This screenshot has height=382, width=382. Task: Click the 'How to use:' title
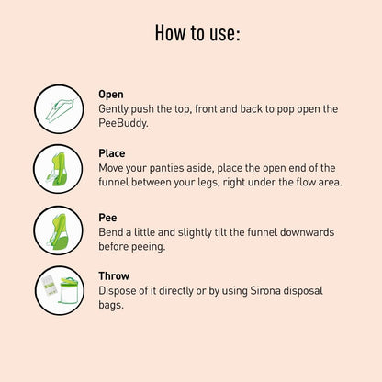coord(197,36)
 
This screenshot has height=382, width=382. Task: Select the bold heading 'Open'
coord(111,94)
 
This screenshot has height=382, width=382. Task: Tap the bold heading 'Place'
coord(112,153)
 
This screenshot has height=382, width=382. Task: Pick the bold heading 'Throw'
coord(114,275)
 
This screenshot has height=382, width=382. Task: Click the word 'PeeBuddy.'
coord(123,122)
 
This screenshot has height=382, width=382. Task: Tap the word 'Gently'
coord(115,108)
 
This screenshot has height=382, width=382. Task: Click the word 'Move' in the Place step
coord(113,167)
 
